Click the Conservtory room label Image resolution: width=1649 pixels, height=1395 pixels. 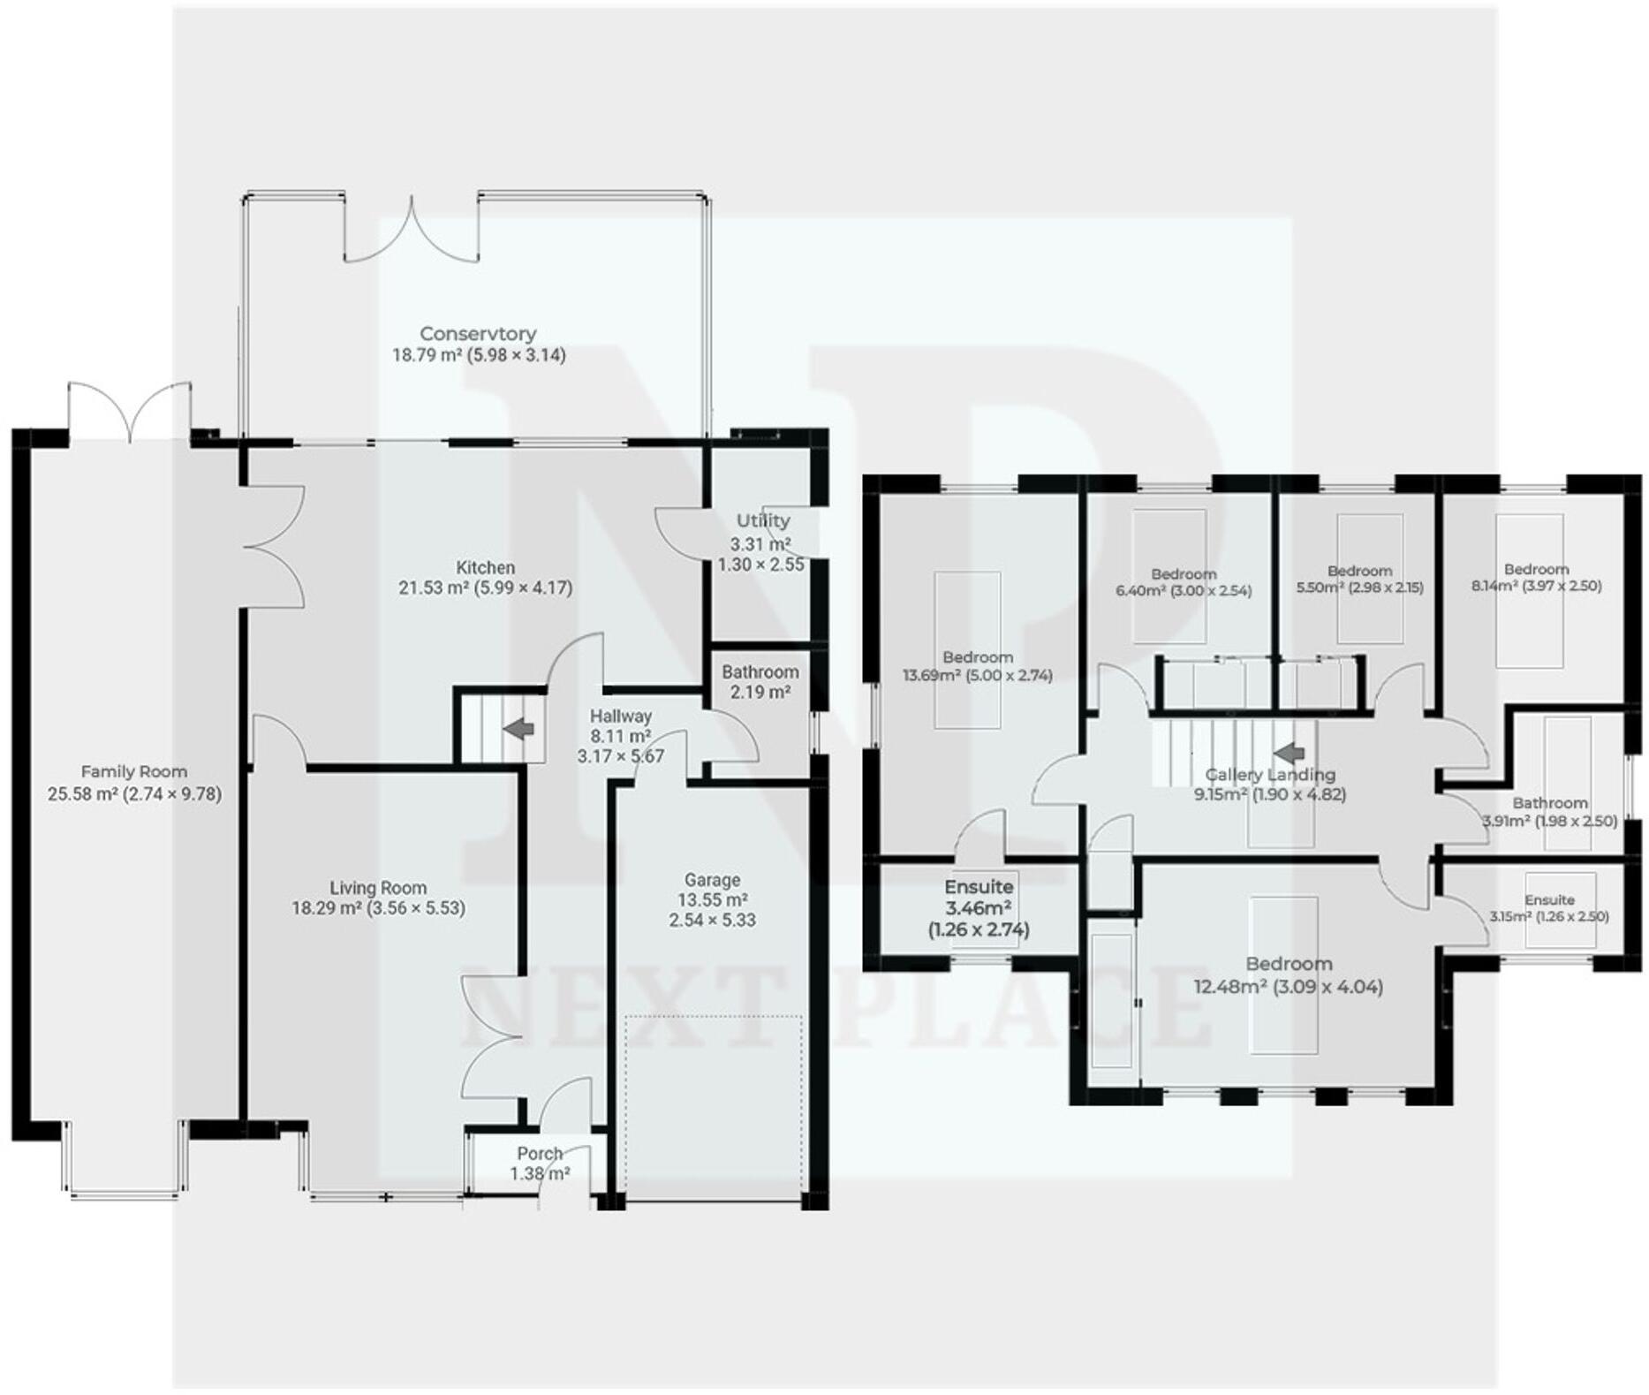478,334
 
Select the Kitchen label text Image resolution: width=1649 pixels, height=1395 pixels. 485,567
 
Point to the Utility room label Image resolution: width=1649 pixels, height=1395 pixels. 762,520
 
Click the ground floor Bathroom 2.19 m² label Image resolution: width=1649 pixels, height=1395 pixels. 760,681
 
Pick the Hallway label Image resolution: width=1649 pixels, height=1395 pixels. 620,716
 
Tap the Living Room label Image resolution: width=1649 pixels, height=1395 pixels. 378,888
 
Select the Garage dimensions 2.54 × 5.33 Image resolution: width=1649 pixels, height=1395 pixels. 712,920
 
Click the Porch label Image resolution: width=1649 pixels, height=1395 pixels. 540,1154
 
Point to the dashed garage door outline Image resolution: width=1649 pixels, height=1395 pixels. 714,1104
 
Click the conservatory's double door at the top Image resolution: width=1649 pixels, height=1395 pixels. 412,234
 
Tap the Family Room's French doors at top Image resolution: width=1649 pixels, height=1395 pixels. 130,411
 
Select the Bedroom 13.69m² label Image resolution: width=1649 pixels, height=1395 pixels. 977,657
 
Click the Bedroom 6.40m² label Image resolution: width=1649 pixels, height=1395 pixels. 1183,574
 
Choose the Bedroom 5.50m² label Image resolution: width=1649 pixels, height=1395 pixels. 1359,571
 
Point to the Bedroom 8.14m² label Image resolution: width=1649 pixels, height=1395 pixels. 1536,569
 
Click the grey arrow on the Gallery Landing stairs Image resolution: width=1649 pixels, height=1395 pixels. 1290,752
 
